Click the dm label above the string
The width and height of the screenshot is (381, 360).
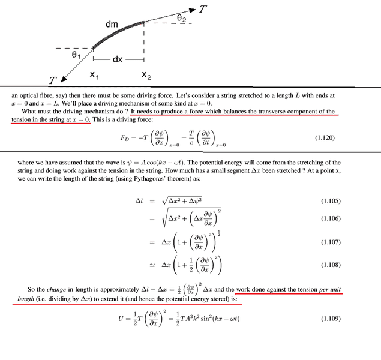112,24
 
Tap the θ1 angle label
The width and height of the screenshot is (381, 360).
76,55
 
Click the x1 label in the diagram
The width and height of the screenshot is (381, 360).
95,75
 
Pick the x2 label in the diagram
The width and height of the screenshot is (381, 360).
146,75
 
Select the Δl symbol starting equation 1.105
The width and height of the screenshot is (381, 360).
139,199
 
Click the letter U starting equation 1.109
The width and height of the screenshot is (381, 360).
120,317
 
